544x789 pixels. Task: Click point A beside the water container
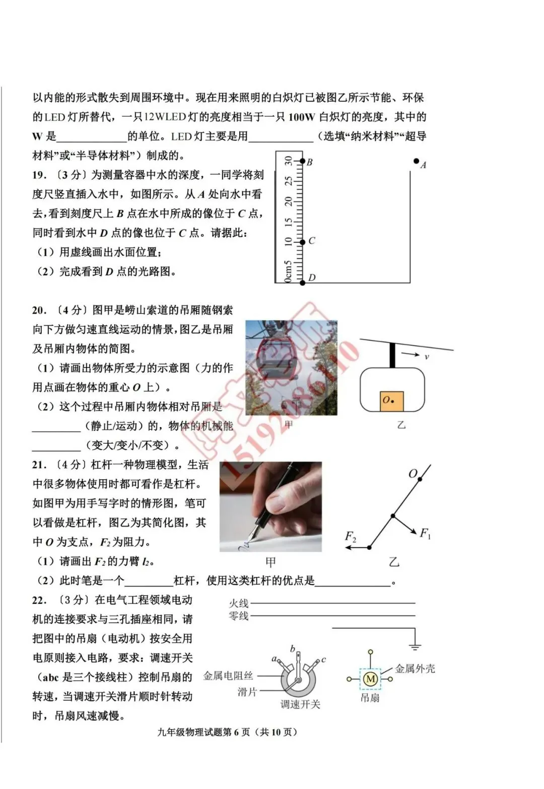pos(417,161)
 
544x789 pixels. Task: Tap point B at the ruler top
pos(303,161)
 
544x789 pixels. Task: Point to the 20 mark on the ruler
pos(288,201)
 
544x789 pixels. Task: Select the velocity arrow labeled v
pos(411,355)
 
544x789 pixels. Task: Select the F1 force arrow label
pos(425,533)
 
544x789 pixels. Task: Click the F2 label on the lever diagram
pos(350,537)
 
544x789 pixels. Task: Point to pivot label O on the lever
pos(413,474)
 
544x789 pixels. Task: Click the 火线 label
pos(239,603)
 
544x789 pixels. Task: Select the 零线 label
pos(239,615)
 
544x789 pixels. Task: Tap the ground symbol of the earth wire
pos(415,646)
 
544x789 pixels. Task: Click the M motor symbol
pos(370,679)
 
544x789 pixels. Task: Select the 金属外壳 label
pos(415,669)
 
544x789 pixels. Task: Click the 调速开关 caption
pos(300,704)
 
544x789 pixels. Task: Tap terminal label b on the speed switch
pos(293,649)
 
